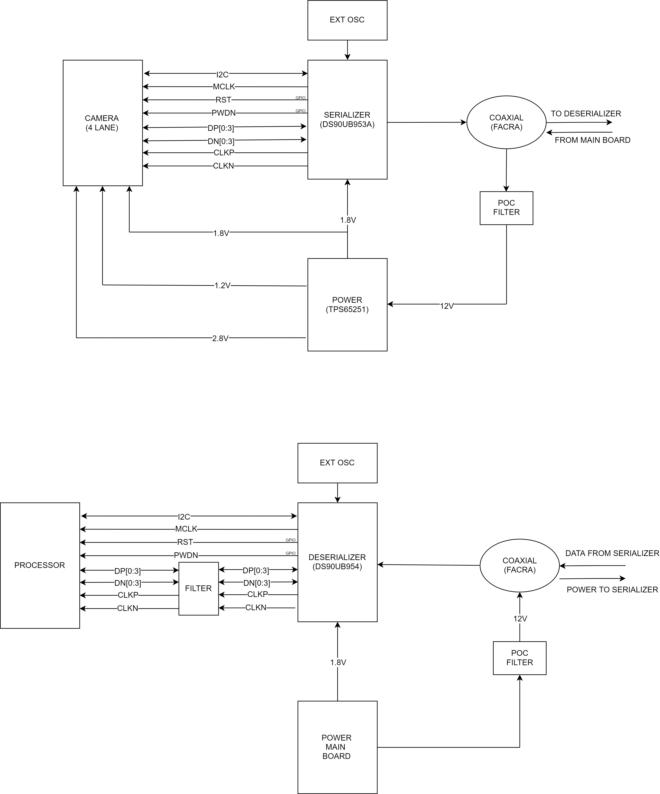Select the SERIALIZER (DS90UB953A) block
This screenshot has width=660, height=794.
tap(347, 119)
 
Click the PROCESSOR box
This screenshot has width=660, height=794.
tap(40, 565)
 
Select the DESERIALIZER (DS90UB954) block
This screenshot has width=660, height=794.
tap(337, 562)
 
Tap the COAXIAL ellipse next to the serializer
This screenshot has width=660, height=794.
tap(506, 122)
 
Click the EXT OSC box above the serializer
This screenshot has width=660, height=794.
tap(347, 20)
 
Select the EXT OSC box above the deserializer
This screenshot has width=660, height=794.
tap(337, 463)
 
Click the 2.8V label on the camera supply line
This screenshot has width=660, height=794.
tap(220, 338)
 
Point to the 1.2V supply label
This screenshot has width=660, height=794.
tap(222, 285)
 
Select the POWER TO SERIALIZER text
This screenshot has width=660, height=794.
tap(612, 590)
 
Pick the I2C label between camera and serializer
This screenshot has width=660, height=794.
tap(222, 74)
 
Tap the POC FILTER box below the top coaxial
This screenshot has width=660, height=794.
tap(506, 208)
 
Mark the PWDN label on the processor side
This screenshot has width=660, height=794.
tap(186, 555)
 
